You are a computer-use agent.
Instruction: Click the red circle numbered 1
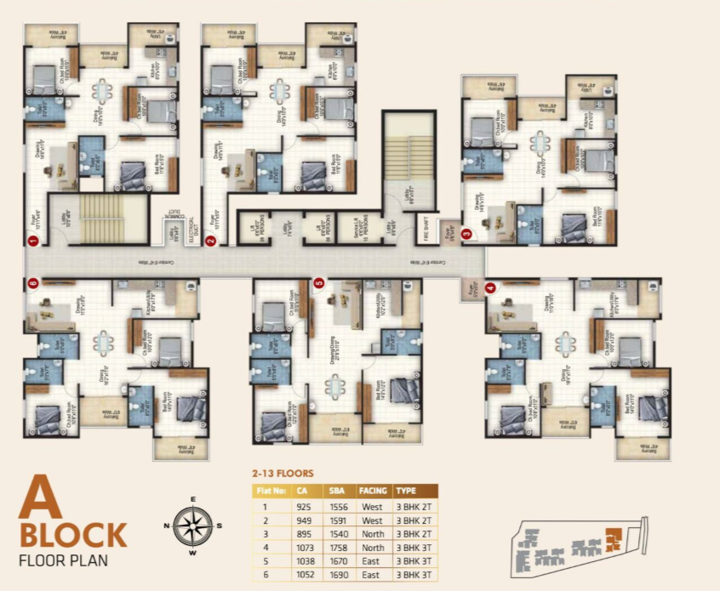click(x=32, y=241)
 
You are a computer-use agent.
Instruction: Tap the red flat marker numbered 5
click(x=318, y=283)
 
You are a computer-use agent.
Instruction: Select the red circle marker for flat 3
click(x=466, y=233)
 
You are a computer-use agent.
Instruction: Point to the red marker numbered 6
click(x=32, y=283)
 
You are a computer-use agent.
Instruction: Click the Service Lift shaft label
click(x=338, y=226)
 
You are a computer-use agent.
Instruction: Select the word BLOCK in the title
click(x=72, y=536)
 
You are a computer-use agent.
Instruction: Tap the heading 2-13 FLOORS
click(x=283, y=473)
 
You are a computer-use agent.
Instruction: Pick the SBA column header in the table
click(x=335, y=491)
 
